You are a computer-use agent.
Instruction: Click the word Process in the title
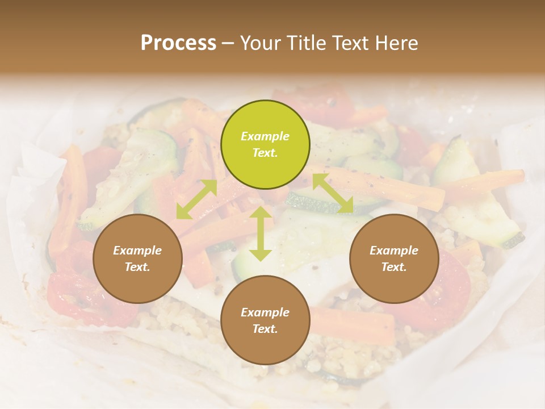(x=178, y=43)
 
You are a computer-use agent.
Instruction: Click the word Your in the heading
(x=260, y=43)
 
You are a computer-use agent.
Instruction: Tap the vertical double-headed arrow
(x=260, y=233)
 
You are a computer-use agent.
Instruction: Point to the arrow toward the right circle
(x=333, y=193)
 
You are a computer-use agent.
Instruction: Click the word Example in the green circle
(x=265, y=136)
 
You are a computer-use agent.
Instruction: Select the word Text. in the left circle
(x=137, y=267)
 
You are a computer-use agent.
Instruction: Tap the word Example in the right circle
(x=394, y=251)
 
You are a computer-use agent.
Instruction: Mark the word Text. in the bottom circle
(x=265, y=329)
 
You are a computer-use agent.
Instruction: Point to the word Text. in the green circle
(x=265, y=153)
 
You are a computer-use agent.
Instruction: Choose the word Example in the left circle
(x=137, y=251)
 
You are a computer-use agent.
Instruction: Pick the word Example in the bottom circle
(x=265, y=312)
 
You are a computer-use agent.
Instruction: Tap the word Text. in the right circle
(x=394, y=267)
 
